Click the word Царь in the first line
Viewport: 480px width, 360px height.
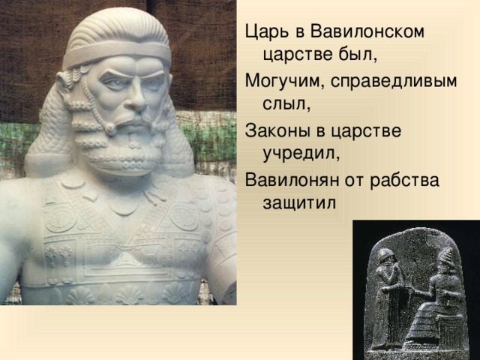pyautogui.click(x=267, y=31)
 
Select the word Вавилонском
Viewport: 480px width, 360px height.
pyautogui.click(x=367, y=31)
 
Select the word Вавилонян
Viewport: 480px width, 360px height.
pyautogui.click(x=292, y=180)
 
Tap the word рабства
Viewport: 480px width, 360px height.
pyautogui.click(x=404, y=180)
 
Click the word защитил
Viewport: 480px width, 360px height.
pyautogui.click(x=299, y=203)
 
